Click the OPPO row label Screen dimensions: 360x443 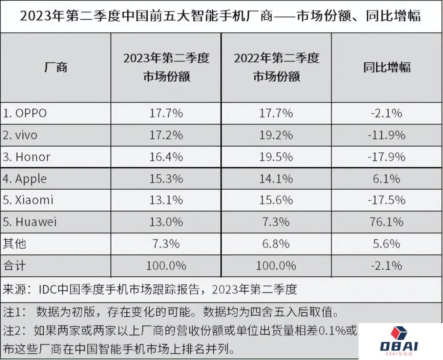[25, 113]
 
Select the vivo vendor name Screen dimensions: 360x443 [21, 135]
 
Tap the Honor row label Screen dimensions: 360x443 [27, 157]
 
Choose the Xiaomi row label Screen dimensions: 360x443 [29, 200]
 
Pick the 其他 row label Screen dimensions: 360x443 [15, 244]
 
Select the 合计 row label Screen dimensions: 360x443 [15, 266]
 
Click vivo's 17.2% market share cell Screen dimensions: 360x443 [166, 135]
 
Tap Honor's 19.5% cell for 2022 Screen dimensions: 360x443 [276, 157]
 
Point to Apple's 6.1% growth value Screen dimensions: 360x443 [386, 179]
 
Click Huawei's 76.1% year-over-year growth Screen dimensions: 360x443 [386, 222]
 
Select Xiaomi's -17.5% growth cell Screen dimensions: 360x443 [386, 200]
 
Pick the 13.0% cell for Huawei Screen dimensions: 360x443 [166, 222]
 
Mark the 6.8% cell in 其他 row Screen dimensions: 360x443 [276, 244]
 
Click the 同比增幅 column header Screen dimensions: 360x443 [386, 67]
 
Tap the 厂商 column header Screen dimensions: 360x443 [55, 67]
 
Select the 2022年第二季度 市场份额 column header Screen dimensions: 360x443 [276, 67]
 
